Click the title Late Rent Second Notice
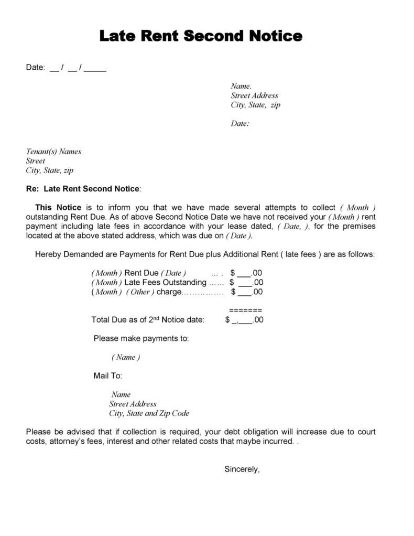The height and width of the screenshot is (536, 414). [201, 36]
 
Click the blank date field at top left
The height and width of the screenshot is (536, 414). [78, 68]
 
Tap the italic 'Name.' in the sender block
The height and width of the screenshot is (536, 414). [241, 86]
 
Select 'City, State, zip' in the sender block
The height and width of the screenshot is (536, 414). [255, 105]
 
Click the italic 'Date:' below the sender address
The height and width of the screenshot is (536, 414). [239, 124]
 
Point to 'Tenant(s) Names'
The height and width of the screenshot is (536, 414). [53, 152]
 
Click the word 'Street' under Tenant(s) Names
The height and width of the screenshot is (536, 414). [36, 161]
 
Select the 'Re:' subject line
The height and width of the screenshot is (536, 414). [83, 188]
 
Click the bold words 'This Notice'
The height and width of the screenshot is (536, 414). [58, 207]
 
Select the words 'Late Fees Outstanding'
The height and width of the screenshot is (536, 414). [165, 283]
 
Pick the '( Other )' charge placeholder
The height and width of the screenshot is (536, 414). [140, 292]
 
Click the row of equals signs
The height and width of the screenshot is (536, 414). [245, 310]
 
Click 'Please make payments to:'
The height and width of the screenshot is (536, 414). [141, 338]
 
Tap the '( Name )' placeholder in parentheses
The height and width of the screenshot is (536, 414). [126, 357]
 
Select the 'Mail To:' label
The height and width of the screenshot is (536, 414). [107, 376]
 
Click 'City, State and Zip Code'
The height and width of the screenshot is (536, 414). [149, 413]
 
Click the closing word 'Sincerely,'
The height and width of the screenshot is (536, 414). [242, 469]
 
